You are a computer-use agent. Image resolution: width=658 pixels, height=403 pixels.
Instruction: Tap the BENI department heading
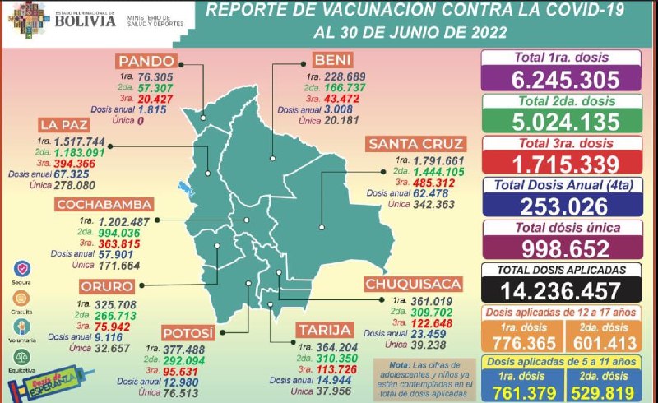coord(331,60)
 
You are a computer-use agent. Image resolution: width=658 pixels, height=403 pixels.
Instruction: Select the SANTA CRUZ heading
coord(416,144)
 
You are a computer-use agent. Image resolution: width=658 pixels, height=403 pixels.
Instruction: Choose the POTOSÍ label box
coord(188,333)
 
